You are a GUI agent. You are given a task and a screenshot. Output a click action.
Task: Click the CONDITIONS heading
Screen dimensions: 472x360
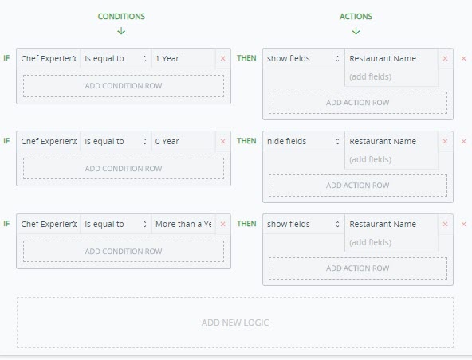(x=121, y=16)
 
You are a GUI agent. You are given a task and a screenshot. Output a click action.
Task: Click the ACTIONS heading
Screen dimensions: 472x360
(x=356, y=16)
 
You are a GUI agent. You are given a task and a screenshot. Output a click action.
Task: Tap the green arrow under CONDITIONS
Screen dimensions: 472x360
(x=121, y=31)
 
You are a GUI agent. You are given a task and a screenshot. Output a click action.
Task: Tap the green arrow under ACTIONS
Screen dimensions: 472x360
(x=356, y=31)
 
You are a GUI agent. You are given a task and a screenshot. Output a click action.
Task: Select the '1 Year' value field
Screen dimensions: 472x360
(x=183, y=58)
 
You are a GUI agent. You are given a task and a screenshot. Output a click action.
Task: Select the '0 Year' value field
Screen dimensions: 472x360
(x=183, y=141)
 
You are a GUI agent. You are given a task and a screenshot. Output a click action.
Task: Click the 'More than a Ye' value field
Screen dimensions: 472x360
(x=183, y=224)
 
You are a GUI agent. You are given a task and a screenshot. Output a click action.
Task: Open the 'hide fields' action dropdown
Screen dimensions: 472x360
(x=304, y=141)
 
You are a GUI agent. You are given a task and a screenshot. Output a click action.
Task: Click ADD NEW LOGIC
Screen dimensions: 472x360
(x=235, y=323)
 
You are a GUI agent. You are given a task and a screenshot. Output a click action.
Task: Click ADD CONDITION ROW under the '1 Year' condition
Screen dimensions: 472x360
(x=124, y=86)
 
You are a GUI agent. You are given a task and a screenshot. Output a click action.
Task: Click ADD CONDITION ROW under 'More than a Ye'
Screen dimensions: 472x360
(x=124, y=251)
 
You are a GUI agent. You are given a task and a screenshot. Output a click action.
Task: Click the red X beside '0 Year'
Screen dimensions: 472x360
(x=222, y=141)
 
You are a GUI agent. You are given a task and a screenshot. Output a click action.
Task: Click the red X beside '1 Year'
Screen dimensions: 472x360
(x=222, y=59)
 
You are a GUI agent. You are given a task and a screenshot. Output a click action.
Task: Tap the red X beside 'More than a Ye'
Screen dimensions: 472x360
(x=222, y=224)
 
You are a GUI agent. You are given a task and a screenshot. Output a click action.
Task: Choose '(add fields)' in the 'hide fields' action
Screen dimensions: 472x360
(x=370, y=159)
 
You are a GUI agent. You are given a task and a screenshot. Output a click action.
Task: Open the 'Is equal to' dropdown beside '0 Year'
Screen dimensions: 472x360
(x=116, y=141)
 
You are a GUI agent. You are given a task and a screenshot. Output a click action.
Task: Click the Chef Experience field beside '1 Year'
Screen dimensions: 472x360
(x=49, y=58)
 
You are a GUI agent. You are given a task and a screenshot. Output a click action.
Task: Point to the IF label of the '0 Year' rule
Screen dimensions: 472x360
(x=6, y=141)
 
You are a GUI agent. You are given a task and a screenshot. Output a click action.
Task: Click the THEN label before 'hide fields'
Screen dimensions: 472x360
(x=246, y=141)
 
